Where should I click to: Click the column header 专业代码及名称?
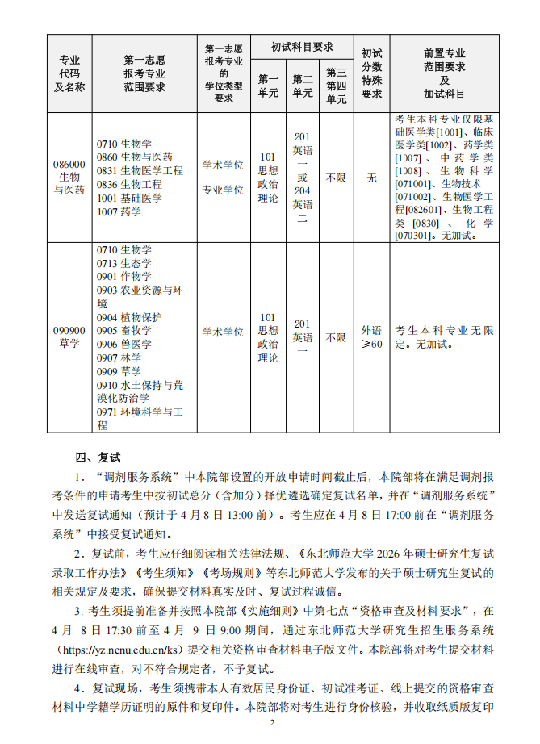pyautogui.click(x=69, y=73)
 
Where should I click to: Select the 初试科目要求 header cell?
pyautogui.click(x=302, y=47)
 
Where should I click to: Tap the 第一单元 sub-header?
pyautogui.click(x=268, y=86)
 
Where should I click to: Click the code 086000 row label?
pyautogui.click(x=69, y=164)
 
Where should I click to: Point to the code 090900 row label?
pyautogui.click(x=69, y=330)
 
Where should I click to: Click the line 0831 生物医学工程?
pyautogui.click(x=140, y=171)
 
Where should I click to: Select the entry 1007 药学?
pyautogui.click(x=119, y=212)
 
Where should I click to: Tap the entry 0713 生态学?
pyautogui.click(x=123, y=263)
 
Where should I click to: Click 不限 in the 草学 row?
pyautogui.click(x=336, y=337)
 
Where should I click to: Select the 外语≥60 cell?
pyautogui.click(x=371, y=337)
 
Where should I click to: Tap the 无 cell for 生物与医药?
pyautogui.click(x=371, y=178)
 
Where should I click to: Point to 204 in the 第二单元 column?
pyautogui.click(x=302, y=191)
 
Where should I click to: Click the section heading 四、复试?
pyautogui.click(x=98, y=456)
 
